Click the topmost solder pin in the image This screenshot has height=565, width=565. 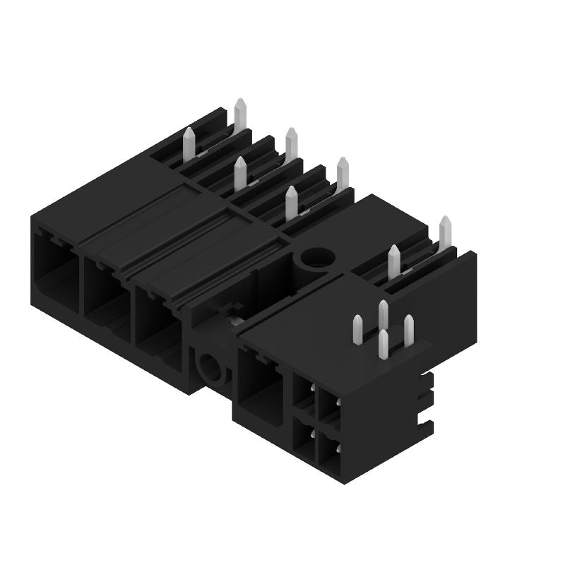click(x=240, y=114)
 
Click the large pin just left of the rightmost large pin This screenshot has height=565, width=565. click(x=394, y=261)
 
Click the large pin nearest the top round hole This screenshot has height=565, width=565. click(x=291, y=203)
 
